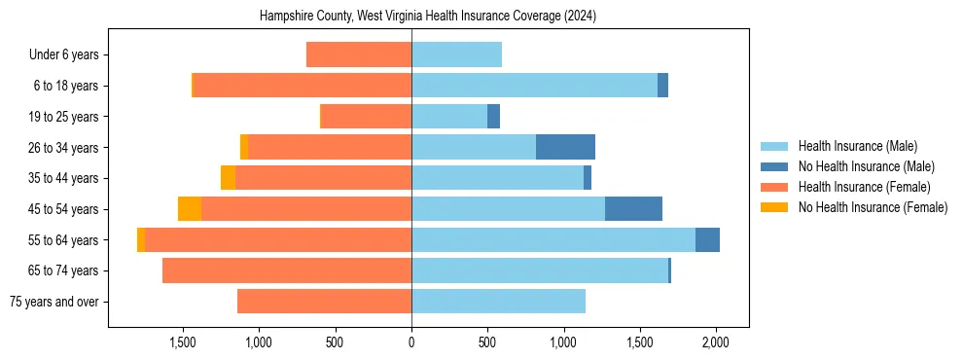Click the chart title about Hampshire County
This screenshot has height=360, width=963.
(428, 17)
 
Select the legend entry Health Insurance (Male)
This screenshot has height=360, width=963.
(857, 146)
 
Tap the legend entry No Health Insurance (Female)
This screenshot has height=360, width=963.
(872, 207)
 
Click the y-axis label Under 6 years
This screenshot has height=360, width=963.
(63, 55)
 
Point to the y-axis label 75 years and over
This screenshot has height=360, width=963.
(53, 302)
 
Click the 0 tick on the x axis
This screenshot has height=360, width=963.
(411, 342)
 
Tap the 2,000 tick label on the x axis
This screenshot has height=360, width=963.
(716, 342)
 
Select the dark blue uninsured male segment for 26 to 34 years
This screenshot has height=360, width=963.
(565, 147)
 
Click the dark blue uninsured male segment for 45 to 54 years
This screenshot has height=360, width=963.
(633, 209)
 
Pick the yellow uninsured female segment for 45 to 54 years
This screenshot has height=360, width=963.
(190, 209)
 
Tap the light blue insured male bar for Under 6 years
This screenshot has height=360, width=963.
(456, 55)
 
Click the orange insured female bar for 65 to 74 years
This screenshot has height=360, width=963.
(287, 270)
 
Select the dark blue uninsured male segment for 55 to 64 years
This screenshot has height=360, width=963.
(707, 240)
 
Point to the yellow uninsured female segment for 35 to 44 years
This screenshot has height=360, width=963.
(228, 178)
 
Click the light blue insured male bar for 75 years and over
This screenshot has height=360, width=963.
(498, 302)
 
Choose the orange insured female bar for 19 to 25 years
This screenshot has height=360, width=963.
(366, 117)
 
